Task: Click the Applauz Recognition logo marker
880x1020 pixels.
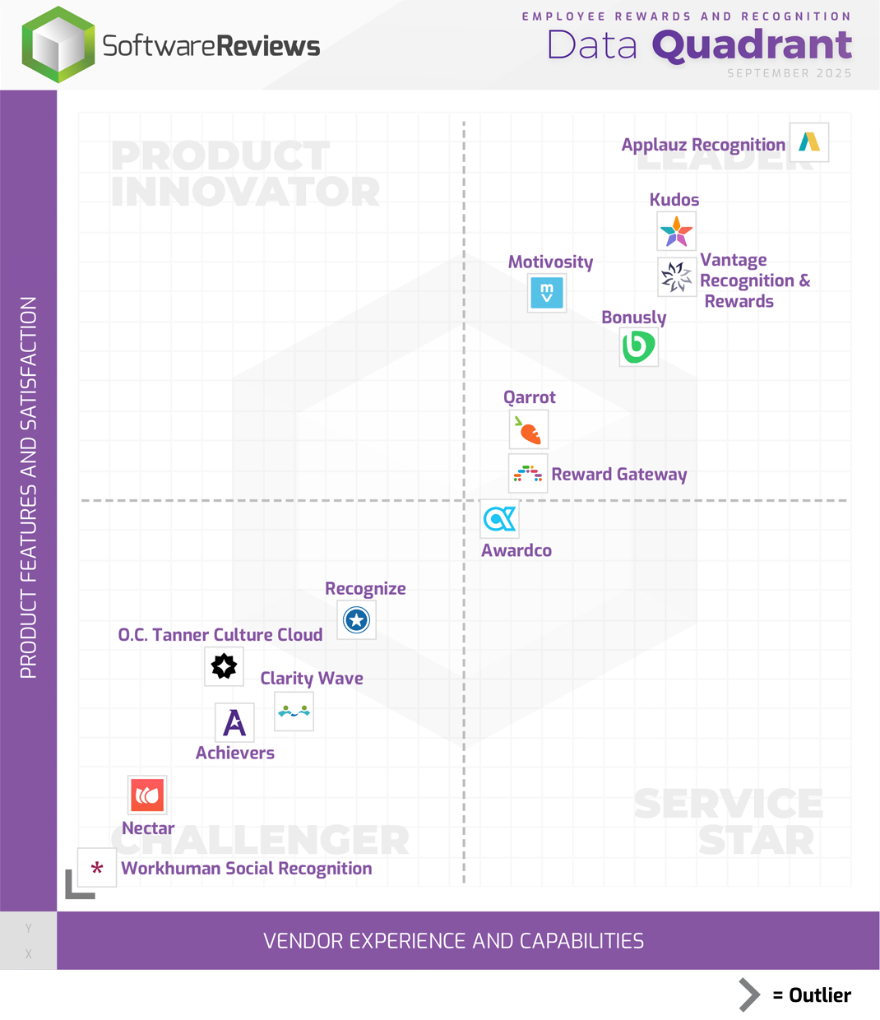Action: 809,142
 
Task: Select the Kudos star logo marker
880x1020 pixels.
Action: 677,231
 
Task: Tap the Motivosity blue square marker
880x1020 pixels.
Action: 547,293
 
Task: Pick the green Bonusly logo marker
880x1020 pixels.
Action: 639,346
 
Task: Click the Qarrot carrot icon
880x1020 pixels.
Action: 529,429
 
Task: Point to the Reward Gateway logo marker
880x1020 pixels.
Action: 528,474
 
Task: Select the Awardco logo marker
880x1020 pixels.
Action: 500,519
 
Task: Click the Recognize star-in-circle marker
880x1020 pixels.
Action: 357,619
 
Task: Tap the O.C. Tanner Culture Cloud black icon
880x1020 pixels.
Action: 224,665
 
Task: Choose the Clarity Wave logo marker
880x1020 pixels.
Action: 294,712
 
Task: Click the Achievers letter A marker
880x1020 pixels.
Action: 234,722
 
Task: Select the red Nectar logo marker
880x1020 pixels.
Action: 147,795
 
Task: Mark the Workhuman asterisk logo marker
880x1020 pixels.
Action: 97,868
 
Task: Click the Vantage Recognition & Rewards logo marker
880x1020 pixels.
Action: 677,277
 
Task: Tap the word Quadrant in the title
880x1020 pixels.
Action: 752,45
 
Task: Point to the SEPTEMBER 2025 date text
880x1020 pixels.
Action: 789,73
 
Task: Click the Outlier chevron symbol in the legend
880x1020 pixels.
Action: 748,994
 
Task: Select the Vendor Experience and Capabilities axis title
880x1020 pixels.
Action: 453,941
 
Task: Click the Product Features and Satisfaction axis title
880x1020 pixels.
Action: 29,487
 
